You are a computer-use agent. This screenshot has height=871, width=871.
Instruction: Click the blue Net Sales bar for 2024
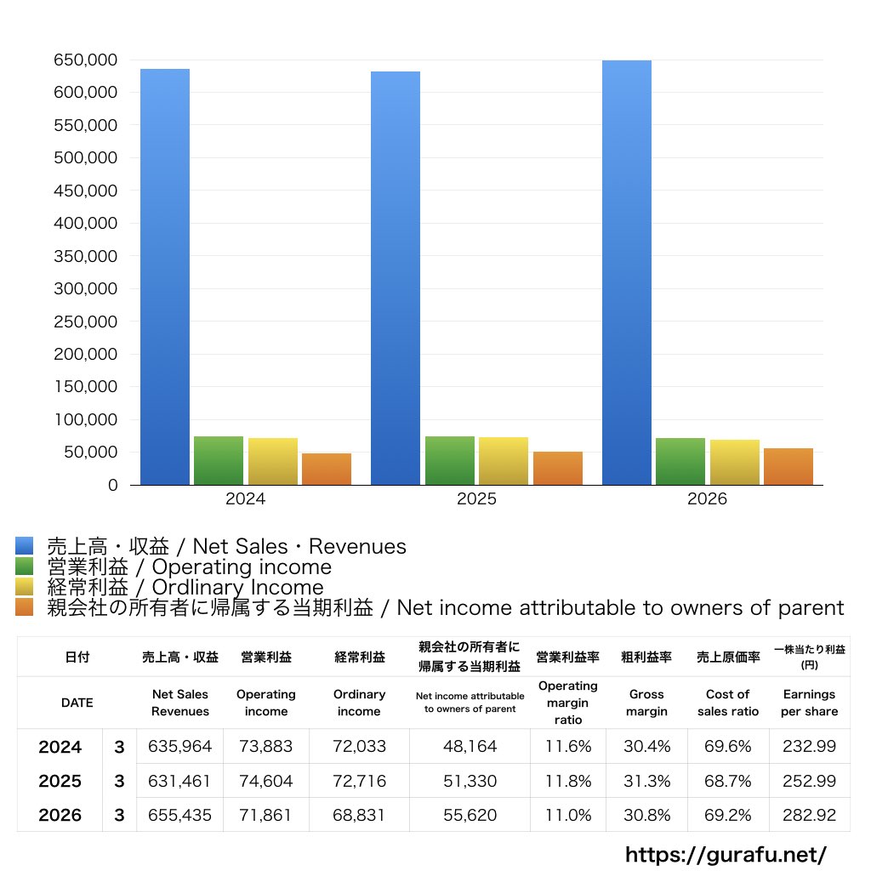click(165, 276)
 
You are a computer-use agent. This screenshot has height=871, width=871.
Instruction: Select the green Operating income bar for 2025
click(450, 460)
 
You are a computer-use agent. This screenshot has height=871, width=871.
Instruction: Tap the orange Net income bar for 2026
click(788, 467)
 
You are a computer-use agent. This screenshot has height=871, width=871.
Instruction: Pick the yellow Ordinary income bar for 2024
click(273, 462)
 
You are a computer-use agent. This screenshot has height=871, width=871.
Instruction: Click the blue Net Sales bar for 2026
click(627, 273)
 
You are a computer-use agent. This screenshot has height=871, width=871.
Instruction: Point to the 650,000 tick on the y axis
click(86, 60)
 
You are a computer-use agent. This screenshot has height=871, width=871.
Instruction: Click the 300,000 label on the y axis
click(86, 289)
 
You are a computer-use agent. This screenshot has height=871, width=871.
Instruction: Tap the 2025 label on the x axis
click(476, 498)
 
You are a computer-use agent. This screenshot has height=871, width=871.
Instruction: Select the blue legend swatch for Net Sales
click(25, 545)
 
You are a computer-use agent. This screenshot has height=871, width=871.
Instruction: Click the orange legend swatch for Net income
click(25, 607)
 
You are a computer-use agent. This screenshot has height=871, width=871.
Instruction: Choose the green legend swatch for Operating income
click(25, 566)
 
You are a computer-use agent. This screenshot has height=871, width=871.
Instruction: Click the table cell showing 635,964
click(180, 746)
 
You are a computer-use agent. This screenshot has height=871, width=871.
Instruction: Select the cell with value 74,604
click(266, 781)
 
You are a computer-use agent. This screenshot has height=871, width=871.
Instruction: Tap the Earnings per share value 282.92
click(810, 815)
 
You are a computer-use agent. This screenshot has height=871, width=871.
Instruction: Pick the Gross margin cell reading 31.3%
click(646, 781)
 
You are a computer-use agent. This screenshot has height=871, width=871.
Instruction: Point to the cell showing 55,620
click(470, 815)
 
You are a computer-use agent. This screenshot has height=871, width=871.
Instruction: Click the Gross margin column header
click(646, 703)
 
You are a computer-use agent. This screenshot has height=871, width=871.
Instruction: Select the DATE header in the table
click(77, 703)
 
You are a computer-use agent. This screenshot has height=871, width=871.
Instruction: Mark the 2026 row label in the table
click(60, 815)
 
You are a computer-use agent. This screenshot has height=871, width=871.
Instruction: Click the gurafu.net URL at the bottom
click(726, 854)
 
